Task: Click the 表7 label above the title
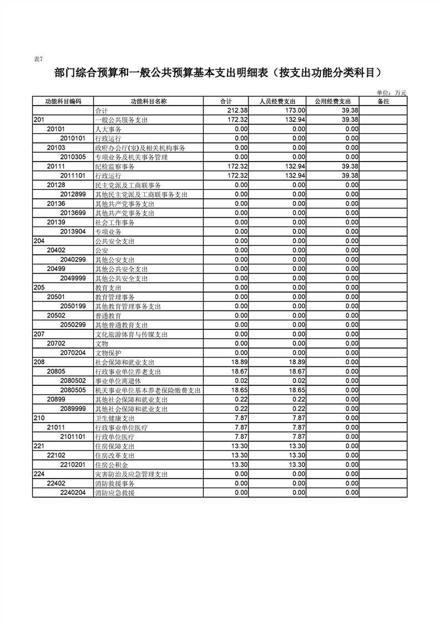click(x=38, y=59)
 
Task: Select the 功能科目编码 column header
click(x=63, y=101)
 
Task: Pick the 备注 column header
click(x=383, y=101)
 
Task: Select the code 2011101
click(x=73, y=175)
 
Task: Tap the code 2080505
click(x=73, y=390)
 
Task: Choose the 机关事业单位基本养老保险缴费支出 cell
click(x=148, y=390)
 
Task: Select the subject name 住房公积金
click(x=112, y=465)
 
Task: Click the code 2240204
click(x=73, y=493)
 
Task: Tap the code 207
click(x=39, y=334)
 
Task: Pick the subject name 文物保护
click(x=108, y=353)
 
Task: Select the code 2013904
click(x=73, y=232)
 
